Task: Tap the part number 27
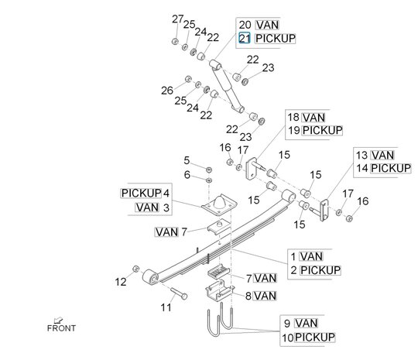[x=177, y=19]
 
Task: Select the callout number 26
[x=167, y=91]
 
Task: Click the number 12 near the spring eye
[x=120, y=282]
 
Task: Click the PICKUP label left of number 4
[x=141, y=192]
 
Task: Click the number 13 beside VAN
[x=361, y=154]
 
